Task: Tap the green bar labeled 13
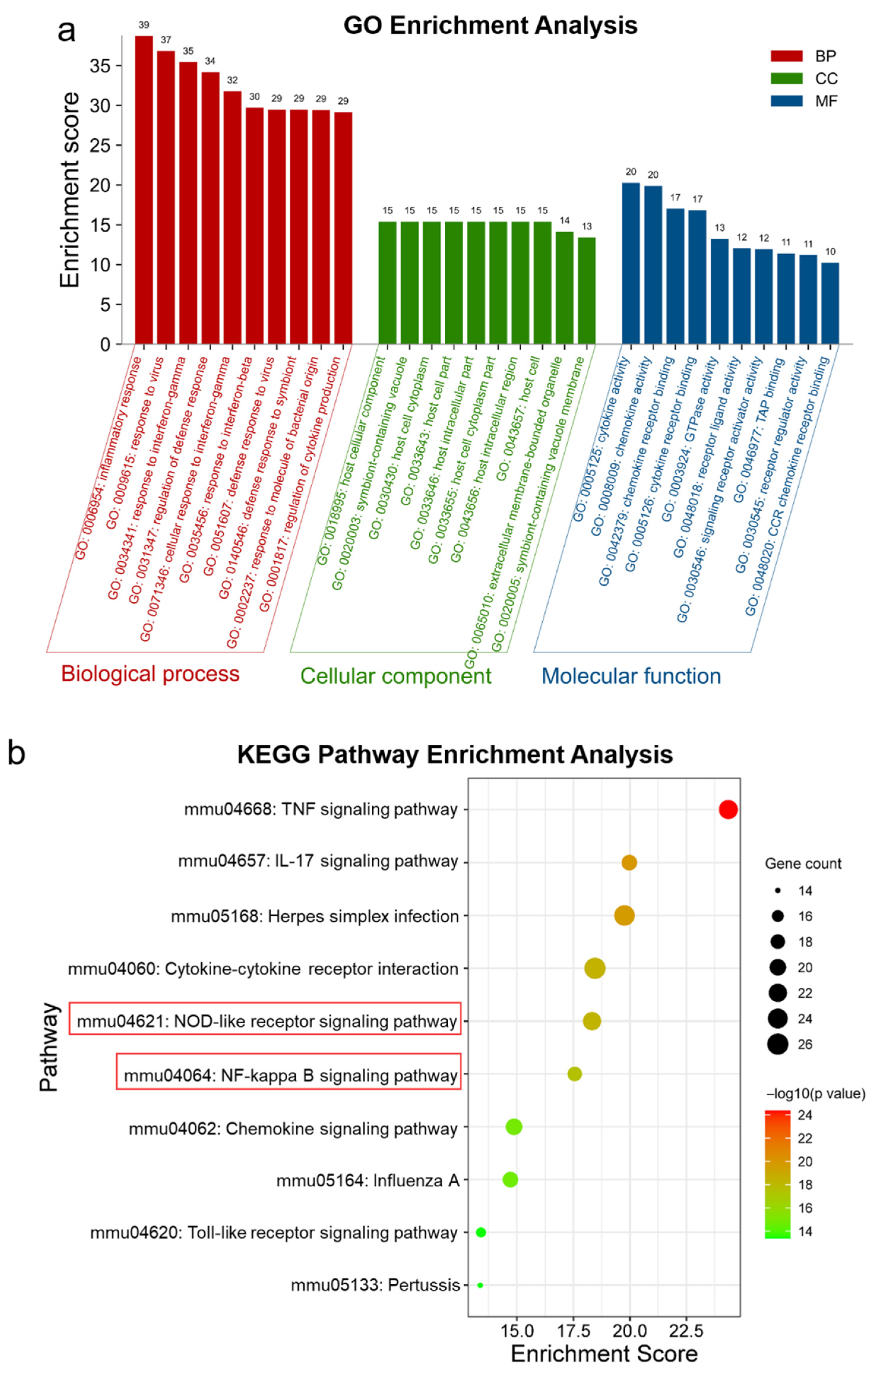tap(587, 290)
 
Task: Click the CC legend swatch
tap(786, 78)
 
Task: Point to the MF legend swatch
tap(786, 101)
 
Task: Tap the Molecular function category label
tap(631, 676)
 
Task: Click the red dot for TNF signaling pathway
tap(728, 810)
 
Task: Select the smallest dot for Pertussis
tap(480, 1285)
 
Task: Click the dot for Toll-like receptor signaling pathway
tap(481, 1232)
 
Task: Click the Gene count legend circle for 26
tap(778, 1044)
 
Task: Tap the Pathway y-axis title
tap(50, 1046)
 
